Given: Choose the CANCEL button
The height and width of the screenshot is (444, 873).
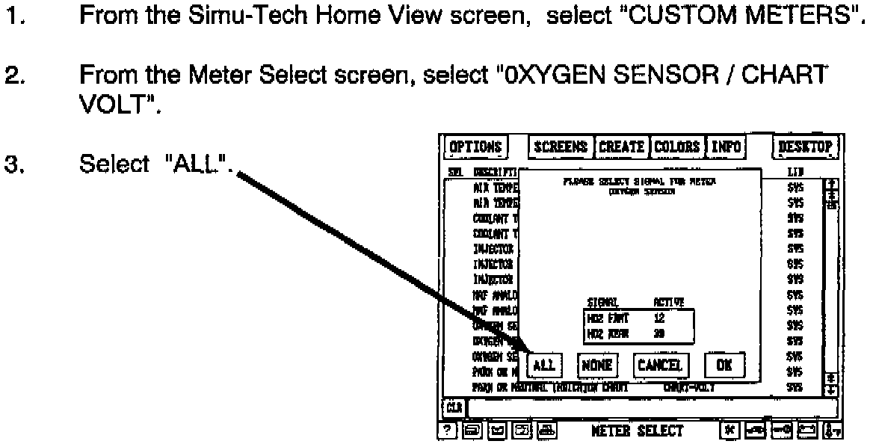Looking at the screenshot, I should tap(659, 365).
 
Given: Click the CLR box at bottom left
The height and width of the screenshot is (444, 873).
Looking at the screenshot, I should tap(453, 408).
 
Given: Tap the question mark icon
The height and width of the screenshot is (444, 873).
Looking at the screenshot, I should tap(447, 431).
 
